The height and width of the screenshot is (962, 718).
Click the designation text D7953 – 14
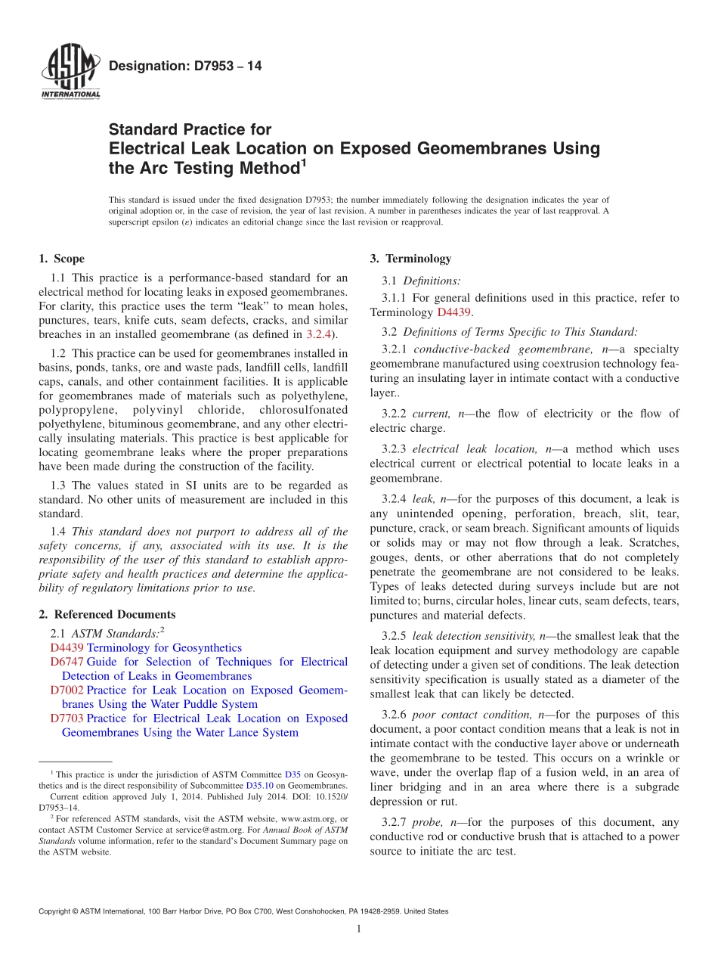pyautogui.click(x=185, y=67)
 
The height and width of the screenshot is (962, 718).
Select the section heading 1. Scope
pyautogui.click(x=61, y=259)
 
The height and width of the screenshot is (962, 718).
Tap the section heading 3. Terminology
pyautogui.click(x=410, y=259)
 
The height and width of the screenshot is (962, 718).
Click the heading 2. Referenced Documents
pyautogui.click(x=107, y=614)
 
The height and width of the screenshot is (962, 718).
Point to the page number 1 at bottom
pyautogui.click(x=359, y=929)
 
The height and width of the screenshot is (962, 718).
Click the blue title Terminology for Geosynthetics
pyautogui.click(x=164, y=647)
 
